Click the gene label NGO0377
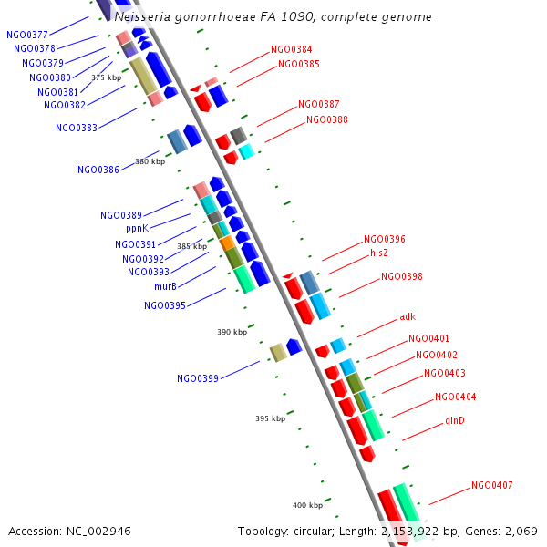[27, 35]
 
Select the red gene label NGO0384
[291, 49]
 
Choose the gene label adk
[407, 317]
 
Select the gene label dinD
[454, 420]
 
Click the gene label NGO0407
[491, 485]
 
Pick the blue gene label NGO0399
[198, 378]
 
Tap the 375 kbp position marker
[106, 77]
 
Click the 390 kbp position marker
[232, 332]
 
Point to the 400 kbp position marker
[307, 505]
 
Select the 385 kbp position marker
[191, 246]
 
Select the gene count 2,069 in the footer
[522, 531]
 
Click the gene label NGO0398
[401, 276]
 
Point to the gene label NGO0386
[98, 170]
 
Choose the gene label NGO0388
[326, 119]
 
